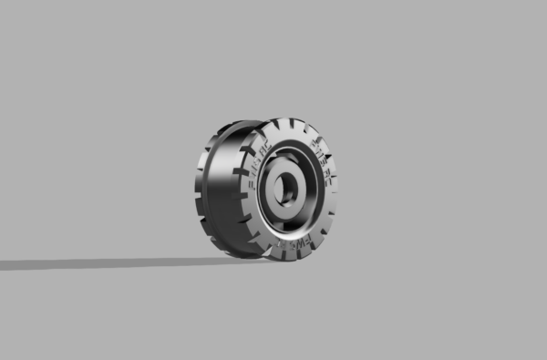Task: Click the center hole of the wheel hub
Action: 285,189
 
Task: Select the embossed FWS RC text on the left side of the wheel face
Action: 257,165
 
